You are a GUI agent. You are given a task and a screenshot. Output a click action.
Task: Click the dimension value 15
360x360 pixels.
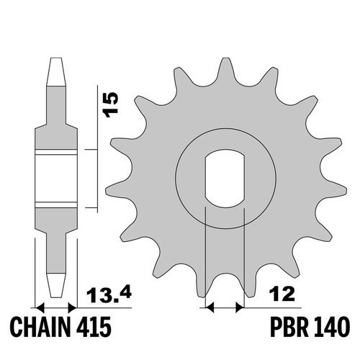tap(110, 104)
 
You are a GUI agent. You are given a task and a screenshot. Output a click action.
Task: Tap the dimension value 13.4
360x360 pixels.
tap(109, 294)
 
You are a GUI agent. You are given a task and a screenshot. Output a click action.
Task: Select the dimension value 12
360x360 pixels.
tap(282, 294)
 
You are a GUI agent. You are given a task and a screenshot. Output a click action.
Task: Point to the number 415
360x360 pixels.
tap(94, 327)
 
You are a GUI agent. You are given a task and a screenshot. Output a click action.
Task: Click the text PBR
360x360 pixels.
tap(289, 327)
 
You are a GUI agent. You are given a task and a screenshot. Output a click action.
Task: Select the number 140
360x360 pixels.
tap(330, 327)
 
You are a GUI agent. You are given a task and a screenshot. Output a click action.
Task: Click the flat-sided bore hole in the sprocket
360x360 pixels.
tap(225, 179)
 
